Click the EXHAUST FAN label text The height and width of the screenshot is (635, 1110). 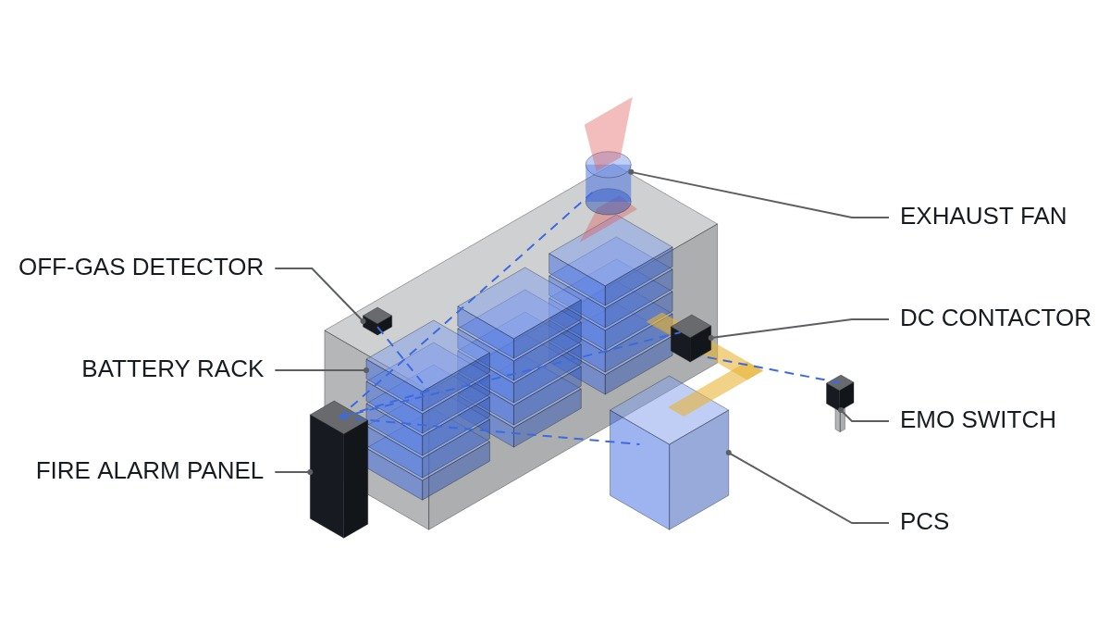pyautogui.click(x=983, y=217)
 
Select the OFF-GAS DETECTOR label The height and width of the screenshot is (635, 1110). pyautogui.click(x=142, y=268)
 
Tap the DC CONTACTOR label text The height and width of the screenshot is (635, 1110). pyautogui.click(x=995, y=318)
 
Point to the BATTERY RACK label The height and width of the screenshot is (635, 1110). pyautogui.click(x=172, y=369)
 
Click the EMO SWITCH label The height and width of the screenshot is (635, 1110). pyautogui.click(x=979, y=420)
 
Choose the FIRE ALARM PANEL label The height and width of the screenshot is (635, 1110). pyautogui.click(x=150, y=471)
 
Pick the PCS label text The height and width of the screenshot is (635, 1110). pyautogui.click(x=925, y=522)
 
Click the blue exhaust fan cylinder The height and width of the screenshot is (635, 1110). pyautogui.click(x=608, y=183)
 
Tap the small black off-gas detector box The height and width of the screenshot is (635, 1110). pyautogui.click(x=377, y=320)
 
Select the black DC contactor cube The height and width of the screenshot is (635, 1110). pyautogui.click(x=691, y=338)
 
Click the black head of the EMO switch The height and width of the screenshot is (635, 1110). pyautogui.click(x=840, y=392)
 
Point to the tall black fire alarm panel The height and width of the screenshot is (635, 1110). pyautogui.click(x=339, y=469)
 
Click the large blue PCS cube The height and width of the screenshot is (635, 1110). pyautogui.click(x=669, y=453)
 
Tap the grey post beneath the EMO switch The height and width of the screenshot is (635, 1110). pyautogui.click(x=840, y=420)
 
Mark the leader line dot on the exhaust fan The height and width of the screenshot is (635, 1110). pyautogui.click(x=631, y=172)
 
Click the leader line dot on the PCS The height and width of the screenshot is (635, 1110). pyautogui.click(x=729, y=453)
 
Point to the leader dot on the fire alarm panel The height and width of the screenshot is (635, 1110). pyautogui.click(x=311, y=472)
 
